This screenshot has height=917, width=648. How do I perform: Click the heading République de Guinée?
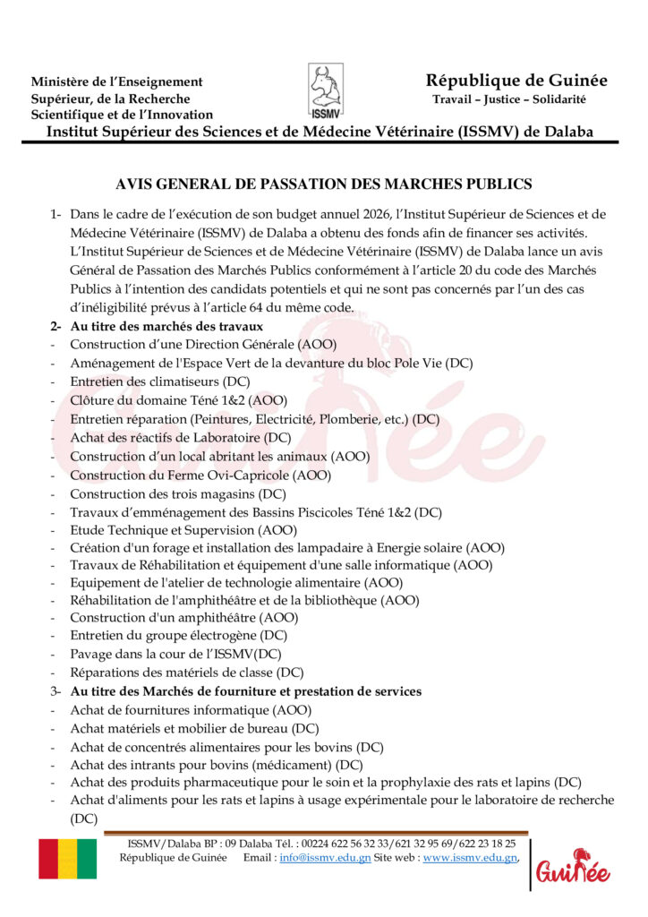pos(516,81)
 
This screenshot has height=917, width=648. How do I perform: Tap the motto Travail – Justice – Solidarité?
pos(508,99)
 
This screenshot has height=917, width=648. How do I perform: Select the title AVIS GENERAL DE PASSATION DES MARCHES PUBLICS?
pos(324,184)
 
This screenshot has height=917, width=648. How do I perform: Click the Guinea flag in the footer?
pos(67,859)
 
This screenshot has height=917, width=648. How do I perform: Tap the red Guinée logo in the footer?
pos(573,867)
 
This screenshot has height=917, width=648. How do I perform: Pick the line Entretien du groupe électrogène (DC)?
pos(179,635)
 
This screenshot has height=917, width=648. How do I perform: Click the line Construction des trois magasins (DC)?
pos(177,493)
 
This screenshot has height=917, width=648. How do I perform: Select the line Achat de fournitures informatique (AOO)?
pos(191,710)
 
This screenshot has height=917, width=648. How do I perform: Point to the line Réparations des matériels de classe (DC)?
pos(187,672)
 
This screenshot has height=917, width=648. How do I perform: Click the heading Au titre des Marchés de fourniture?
pos(246,691)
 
